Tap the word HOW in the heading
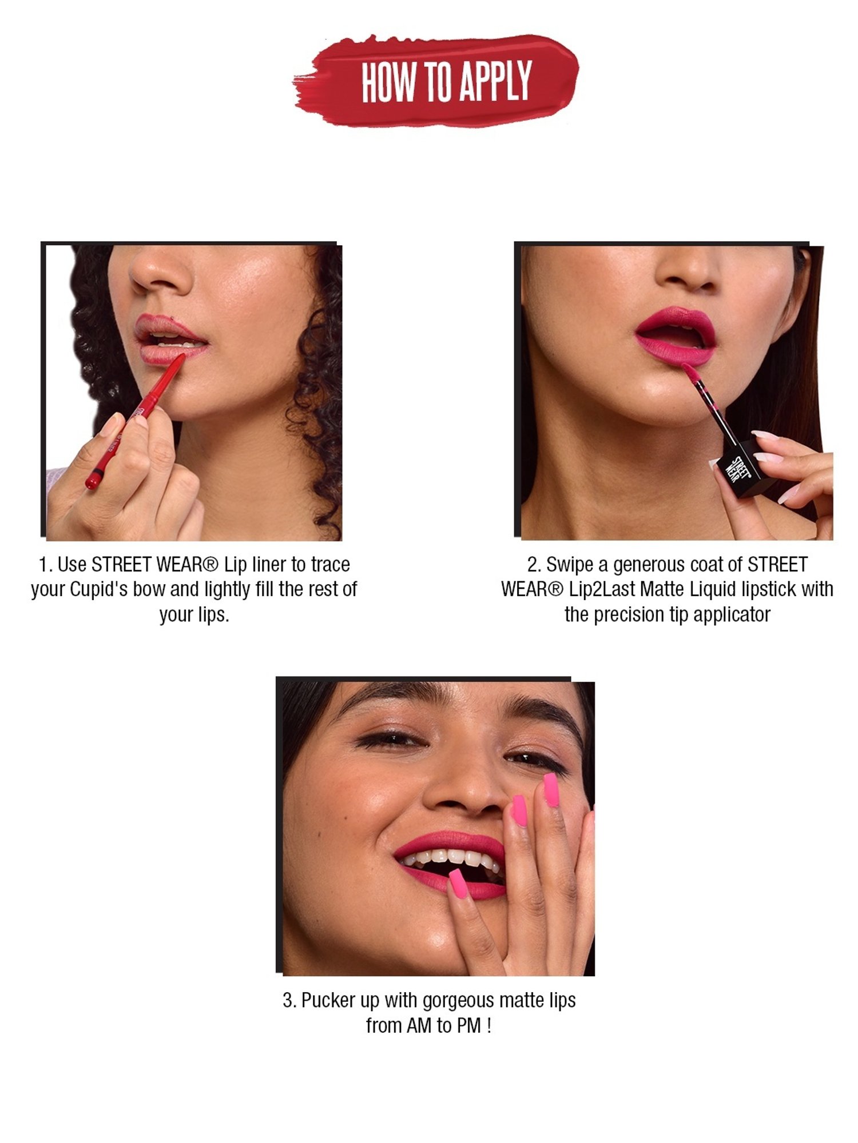pyautogui.click(x=389, y=82)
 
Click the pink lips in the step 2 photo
pyautogui.click(x=675, y=337)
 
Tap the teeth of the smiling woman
pyautogui.click(x=452, y=857)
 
